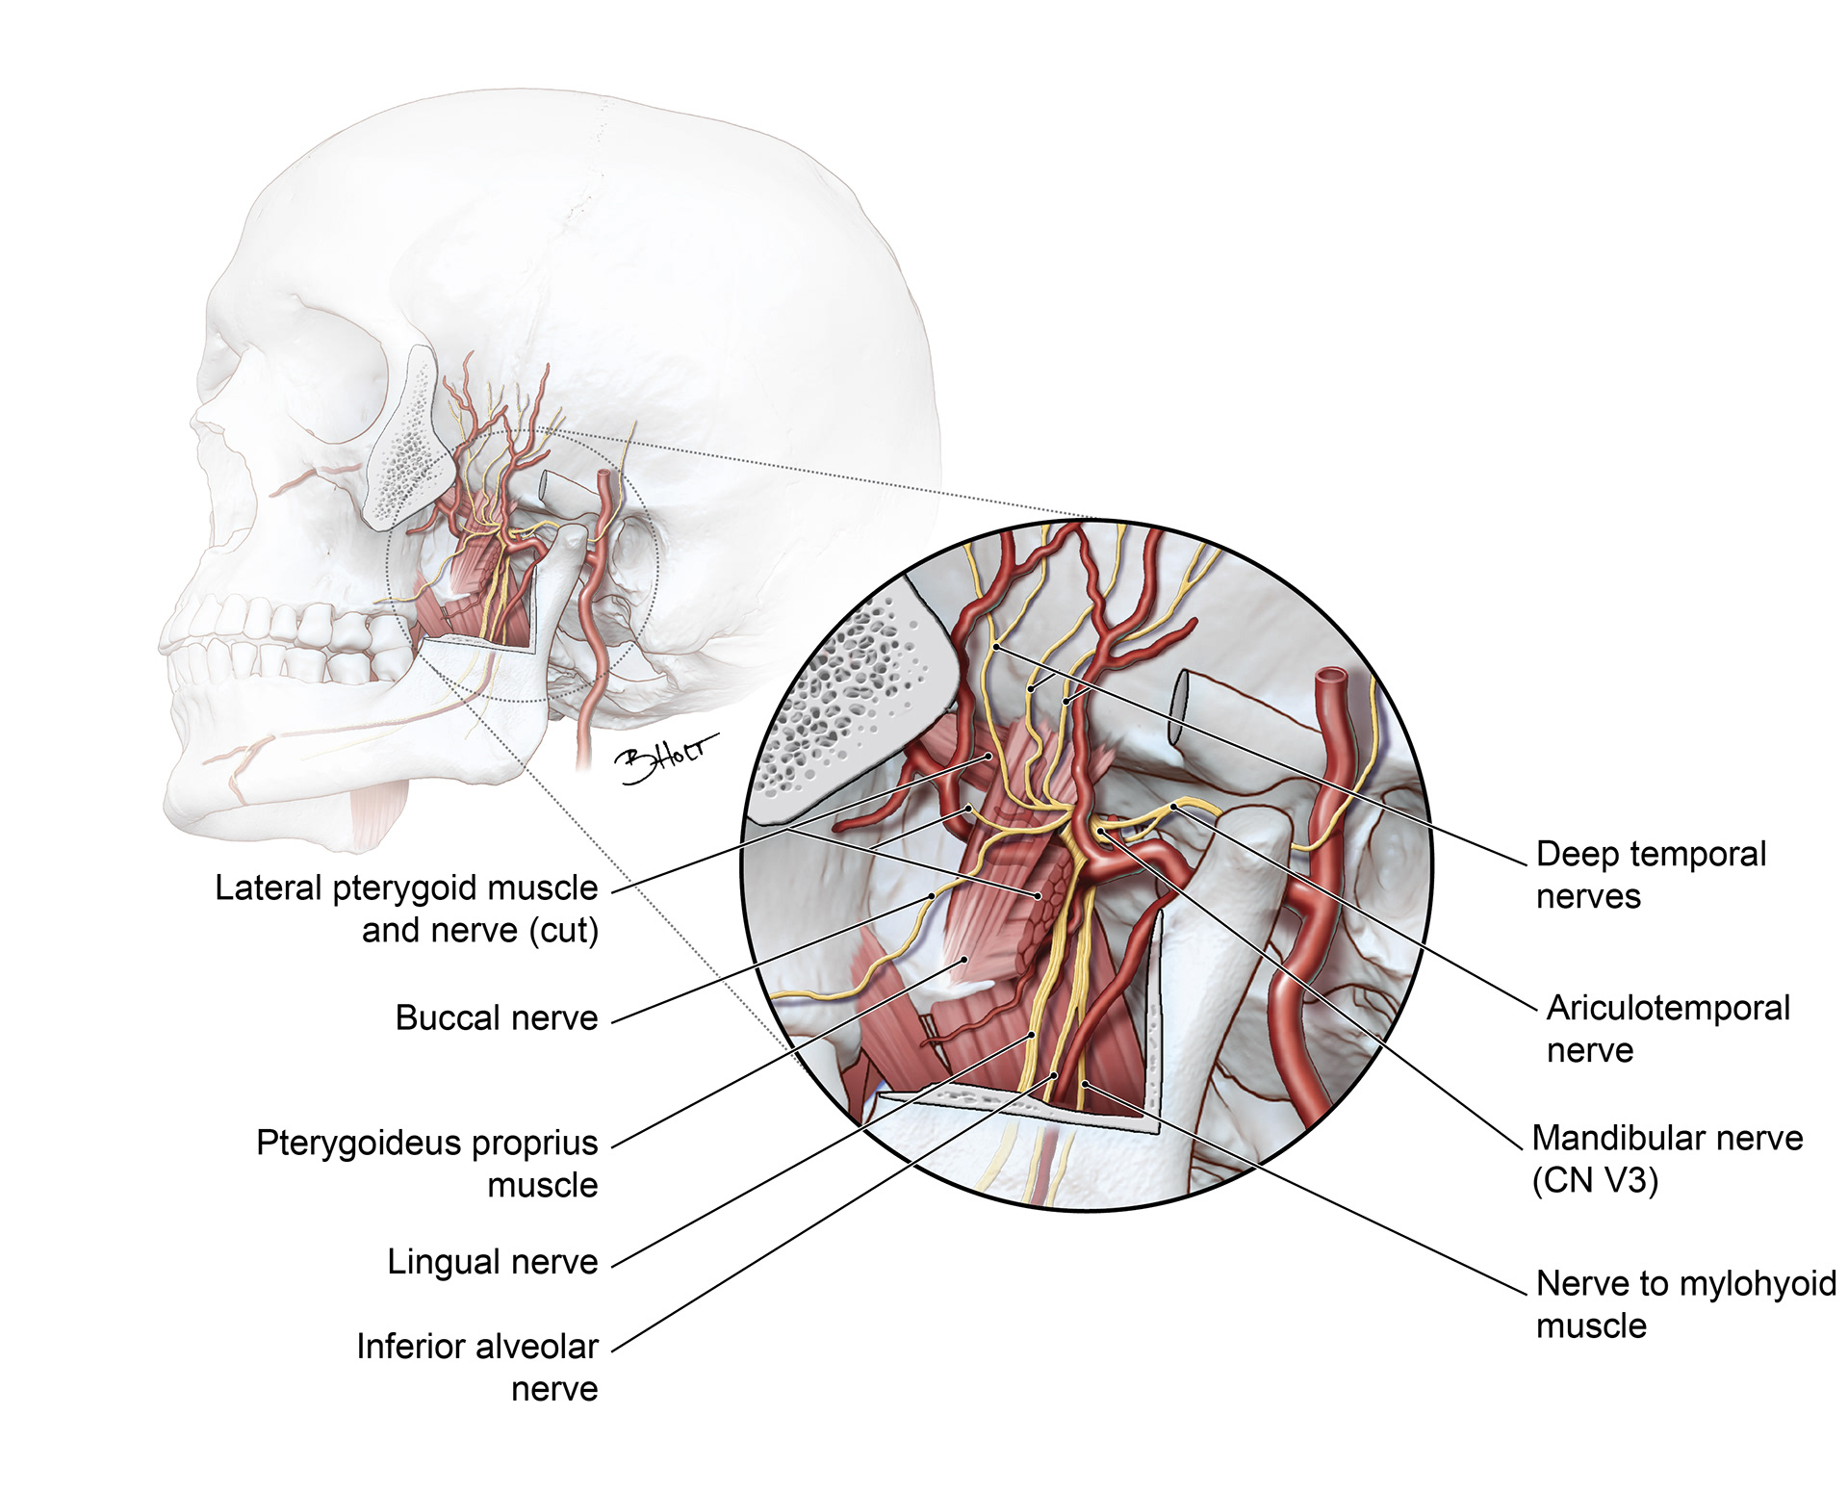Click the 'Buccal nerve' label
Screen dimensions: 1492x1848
[x=497, y=1017]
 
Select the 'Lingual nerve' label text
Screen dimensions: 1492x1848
[x=492, y=1262]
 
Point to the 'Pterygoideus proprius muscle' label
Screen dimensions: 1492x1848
[x=427, y=1163]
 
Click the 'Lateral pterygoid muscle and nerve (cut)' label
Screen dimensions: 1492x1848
[x=406, y=909]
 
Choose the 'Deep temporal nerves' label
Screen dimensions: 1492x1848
[x=1651, y=874]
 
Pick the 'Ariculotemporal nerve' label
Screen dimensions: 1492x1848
[x=1667, y=1028]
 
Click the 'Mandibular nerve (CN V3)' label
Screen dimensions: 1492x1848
[x=1666, y=1158]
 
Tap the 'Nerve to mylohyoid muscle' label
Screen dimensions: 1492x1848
[x=1685, y=1303]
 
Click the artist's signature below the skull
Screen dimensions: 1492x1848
[x=667, y=757]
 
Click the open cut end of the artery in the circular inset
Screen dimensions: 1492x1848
[x=1332, y=679]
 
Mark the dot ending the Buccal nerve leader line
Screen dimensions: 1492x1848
[x=932, y=896]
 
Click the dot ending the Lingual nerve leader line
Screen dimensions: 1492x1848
[x=1032, y=1036]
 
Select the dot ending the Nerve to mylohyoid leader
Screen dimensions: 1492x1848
[x=1085, y=1085]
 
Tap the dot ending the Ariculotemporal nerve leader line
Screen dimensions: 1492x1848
[x=1174, y=807]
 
